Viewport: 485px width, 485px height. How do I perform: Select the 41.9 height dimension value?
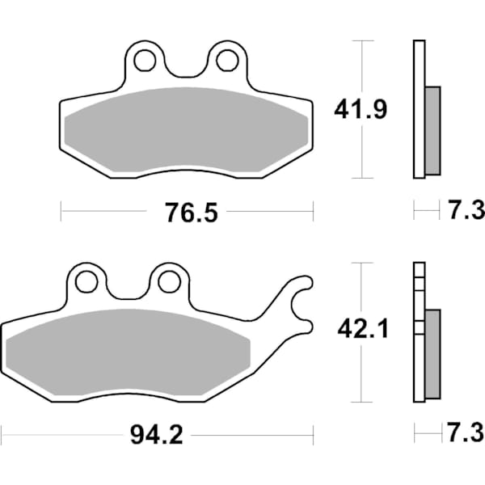pyautogui.click(x=361, y=109)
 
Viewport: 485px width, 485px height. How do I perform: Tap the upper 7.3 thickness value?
pyautogui.click(x=464, y=212)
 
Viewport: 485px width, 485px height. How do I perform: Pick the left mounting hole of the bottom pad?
pyautogui.click(x=87, y=281)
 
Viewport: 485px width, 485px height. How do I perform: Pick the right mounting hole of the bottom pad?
pyautogui.click(x=168, y=281)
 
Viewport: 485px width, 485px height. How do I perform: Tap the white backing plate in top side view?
pyautogui.click(x=418, y=109)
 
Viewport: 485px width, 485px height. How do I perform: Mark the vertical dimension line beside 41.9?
pyautogui.click(x=365, y=154)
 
